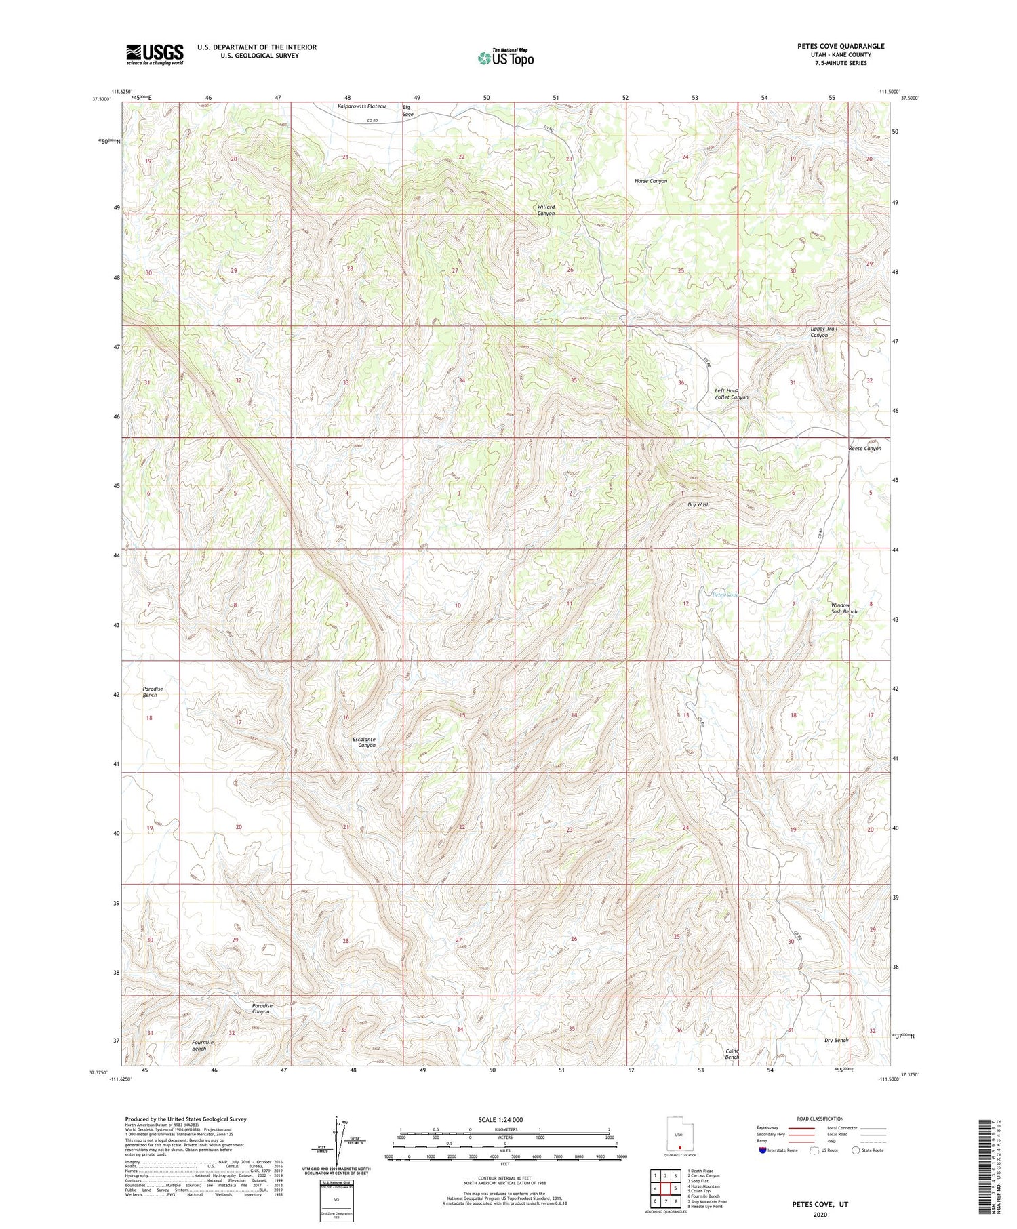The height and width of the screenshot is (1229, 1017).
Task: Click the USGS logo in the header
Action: (155, 54)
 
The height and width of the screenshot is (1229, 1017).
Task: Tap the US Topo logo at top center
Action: (505, 58)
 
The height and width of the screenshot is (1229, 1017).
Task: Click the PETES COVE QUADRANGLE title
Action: (841, 47)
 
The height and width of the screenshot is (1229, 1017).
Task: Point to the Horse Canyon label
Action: (650, 181)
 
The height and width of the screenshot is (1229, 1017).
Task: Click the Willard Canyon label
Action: (546, 210)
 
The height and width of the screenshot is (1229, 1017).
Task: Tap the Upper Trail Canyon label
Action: (823, 332)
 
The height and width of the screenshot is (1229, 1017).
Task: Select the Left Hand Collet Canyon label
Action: (731, 394)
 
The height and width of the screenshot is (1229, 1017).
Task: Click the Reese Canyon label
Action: (864, 449)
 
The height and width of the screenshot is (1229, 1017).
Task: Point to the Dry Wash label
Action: (698, 505)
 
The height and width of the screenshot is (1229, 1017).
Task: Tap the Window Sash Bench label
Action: (843, 608)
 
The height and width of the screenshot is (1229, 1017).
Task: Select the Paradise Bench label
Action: (153, 691)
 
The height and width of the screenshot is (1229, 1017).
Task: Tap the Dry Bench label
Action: (835, 1040)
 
